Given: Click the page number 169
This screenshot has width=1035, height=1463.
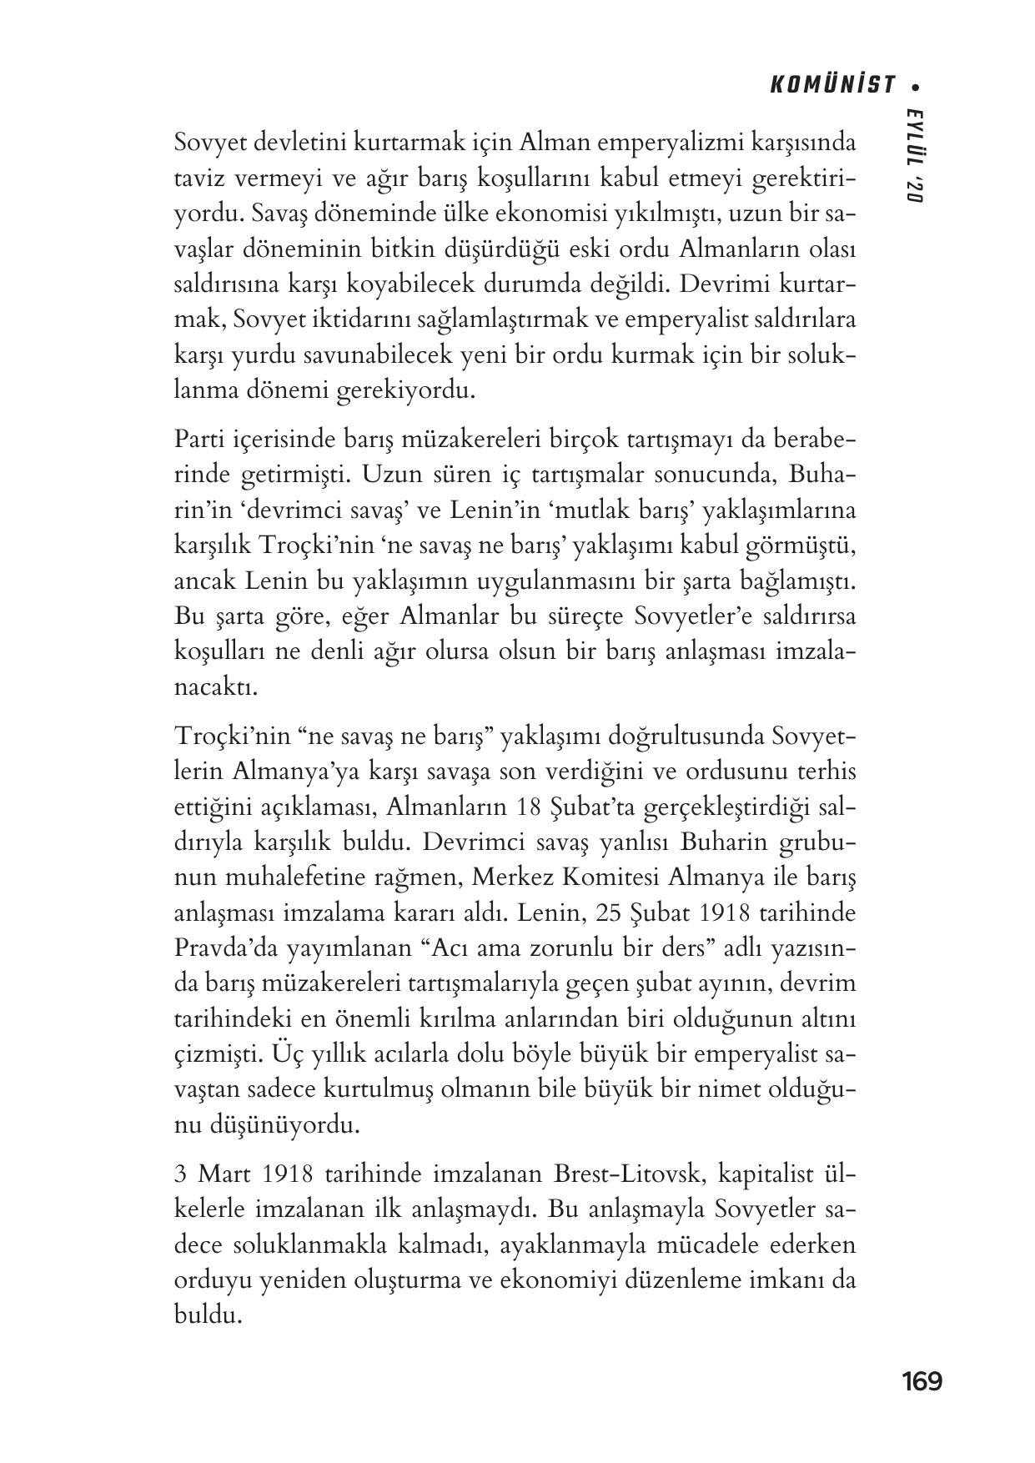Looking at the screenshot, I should [x=922, y=1381].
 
